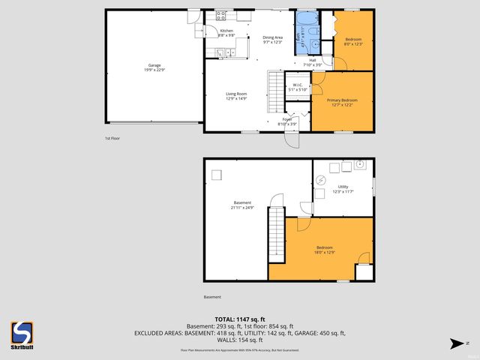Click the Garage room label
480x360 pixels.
pyautogui.click(x=154, y=67)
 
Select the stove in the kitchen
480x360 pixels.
pyautogui.click(x=222, y=14)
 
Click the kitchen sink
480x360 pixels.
pyautogui.click(x=221, y=52)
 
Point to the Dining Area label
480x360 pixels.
pyautogui.click(x=272, y=39)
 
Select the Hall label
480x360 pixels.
pyautogui.click(x=312, y=62)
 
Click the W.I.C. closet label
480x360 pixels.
pyautogui.click(x=297, y=87)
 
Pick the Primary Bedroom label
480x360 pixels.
pyautogui.click(x=341, y=101)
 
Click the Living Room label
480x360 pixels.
pyautogui.click(x=237, y=96)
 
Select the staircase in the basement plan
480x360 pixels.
pyautogui.click(x=275, y=232)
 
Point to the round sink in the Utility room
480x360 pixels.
pyautogui.click(x=359, y=163)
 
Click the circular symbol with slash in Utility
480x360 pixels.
pyautogui.click(x=321, y=179)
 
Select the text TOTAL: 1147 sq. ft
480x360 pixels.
pyautogui.click(x=239, y=319)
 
